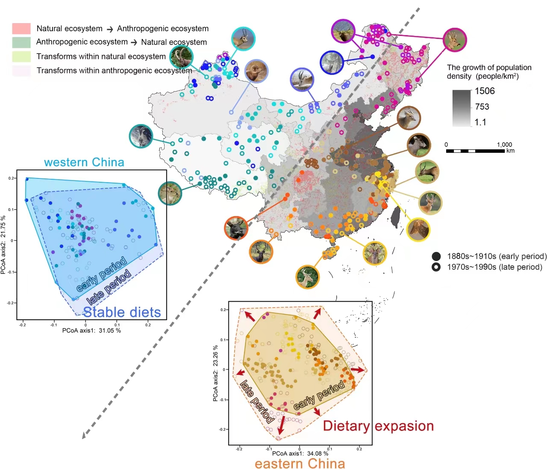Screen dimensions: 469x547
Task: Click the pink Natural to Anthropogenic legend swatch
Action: click(x=21, y=29)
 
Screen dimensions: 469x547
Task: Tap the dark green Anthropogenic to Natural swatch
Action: click(x=21, y=42)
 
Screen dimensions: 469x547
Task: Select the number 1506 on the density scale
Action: click(x=485, y=91)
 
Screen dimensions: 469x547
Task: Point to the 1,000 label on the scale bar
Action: click(x=504, y=145)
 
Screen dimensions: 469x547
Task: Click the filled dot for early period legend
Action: click(x=436, y=256)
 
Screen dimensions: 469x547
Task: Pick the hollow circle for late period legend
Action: click(x=436, y=267)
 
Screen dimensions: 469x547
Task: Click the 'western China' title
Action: click(x=84, y=163)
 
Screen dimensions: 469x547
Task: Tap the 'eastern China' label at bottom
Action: click(x=300, y=463)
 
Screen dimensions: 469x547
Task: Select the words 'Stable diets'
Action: click(x=122, y=312)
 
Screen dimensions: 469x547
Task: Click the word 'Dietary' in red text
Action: click(x=346, y=426)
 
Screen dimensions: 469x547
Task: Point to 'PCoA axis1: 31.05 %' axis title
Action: click(x=91, y=330)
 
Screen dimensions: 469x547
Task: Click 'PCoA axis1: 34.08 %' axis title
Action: click(x=300, y=453)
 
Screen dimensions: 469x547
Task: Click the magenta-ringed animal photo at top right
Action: click(x=455, y=40)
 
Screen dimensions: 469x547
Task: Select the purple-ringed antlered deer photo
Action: click(x=343, y=31)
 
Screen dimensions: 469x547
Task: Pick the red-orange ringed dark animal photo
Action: click(x=236, y=229)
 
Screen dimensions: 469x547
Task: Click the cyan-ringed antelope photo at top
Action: click(x=243, y=39)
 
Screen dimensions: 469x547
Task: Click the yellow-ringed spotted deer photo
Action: click(x=418, y=230)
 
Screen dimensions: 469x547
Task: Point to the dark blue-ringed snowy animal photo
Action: click(x=332, y=62)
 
